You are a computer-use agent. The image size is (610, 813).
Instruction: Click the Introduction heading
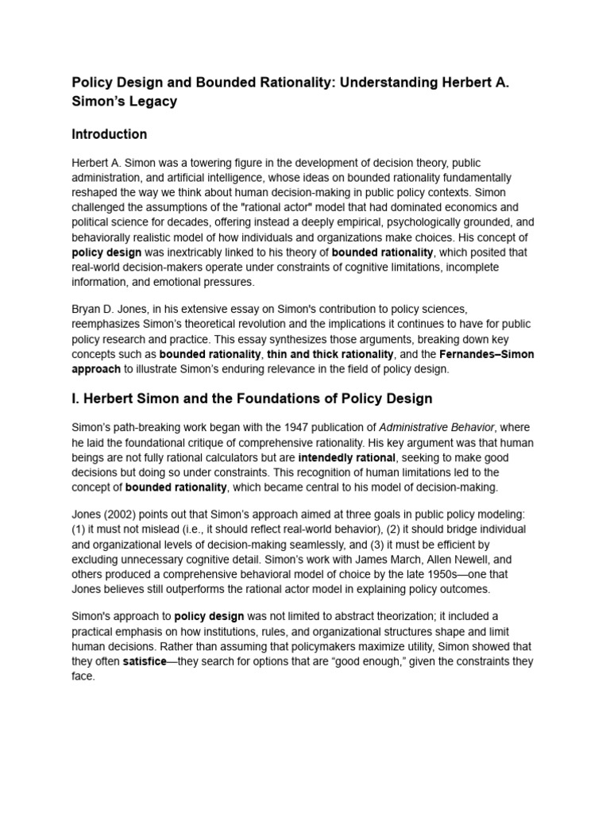(x=110, y=134)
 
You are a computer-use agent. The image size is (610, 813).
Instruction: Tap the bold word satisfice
(x=142, y=661)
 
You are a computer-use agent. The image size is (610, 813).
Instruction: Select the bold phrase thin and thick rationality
(x=330, y=354)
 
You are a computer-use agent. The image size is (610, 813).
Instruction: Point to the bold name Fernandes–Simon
(x=489, y=354)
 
